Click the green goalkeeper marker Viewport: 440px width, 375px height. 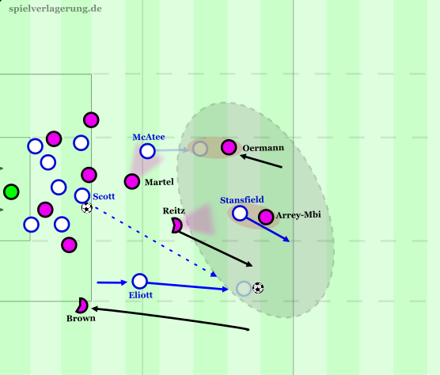click(11, 191)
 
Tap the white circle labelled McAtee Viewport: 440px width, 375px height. click(148, 151)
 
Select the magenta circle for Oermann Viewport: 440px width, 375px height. click(229, 147)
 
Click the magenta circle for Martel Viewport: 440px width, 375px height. click(132, 181)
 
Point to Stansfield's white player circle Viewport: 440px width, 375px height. click(240, 213)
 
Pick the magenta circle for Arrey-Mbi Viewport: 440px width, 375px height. click(266, 217)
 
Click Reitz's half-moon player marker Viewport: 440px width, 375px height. click(176, 225)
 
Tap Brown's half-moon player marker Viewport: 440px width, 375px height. click(82, 305)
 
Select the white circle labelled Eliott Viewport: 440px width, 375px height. click(139, 281)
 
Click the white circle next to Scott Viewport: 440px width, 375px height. click(82, 195)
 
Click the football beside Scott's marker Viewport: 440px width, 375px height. click(87, 208)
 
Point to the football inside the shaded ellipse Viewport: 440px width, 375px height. click(258, 288)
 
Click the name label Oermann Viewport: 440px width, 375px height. click(263, 148)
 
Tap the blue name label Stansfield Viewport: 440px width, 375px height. click(242, 199)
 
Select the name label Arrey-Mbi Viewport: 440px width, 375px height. click(298, 215)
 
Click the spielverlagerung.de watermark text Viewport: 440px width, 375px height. click(55, 9)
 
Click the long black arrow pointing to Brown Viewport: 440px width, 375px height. click(170, 319)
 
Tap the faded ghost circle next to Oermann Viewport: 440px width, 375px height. click(199, 149)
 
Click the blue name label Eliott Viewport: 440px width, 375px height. click(141, 295)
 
